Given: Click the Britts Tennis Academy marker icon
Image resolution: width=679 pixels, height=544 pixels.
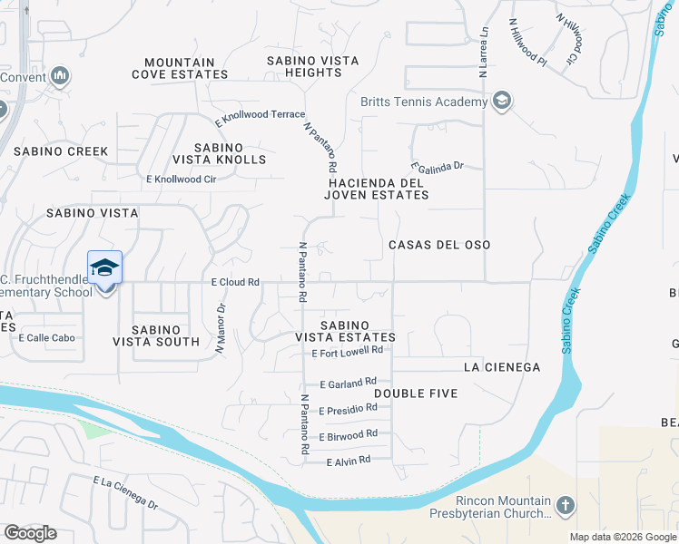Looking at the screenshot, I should (x=501, y=102).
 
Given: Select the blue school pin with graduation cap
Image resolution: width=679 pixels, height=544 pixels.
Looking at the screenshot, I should (x=104, y=268).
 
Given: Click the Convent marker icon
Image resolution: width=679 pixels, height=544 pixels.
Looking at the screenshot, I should (x=61, y=76).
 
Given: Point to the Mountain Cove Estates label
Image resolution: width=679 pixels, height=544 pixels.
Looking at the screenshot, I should (x=180, y=68).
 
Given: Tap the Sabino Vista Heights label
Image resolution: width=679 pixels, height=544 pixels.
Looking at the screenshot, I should (x=313, y=67).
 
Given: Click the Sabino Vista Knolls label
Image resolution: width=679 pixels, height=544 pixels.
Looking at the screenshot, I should (x=220, y=153).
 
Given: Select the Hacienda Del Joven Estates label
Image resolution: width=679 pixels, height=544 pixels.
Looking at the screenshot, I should (x=378, y=189).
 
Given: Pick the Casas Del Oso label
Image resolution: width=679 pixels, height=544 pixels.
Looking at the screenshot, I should (x=439, y=245).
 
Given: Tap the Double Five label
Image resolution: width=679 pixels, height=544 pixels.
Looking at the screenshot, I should (x=416, y=393).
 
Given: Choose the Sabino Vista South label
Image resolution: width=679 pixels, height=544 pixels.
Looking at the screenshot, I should (x=155, y=335).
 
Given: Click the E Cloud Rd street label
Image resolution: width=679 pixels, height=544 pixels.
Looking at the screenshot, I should (x=235, y=282).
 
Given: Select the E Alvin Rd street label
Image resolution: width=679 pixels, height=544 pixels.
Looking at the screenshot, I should (x=349, y=461).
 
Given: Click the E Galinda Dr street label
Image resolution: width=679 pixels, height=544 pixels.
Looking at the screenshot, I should (x=438, y=167).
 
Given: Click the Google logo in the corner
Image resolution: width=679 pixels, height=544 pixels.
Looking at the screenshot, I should (x=30, y=533).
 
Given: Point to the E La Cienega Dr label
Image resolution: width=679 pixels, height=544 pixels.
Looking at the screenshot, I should (x=125, y=491).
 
